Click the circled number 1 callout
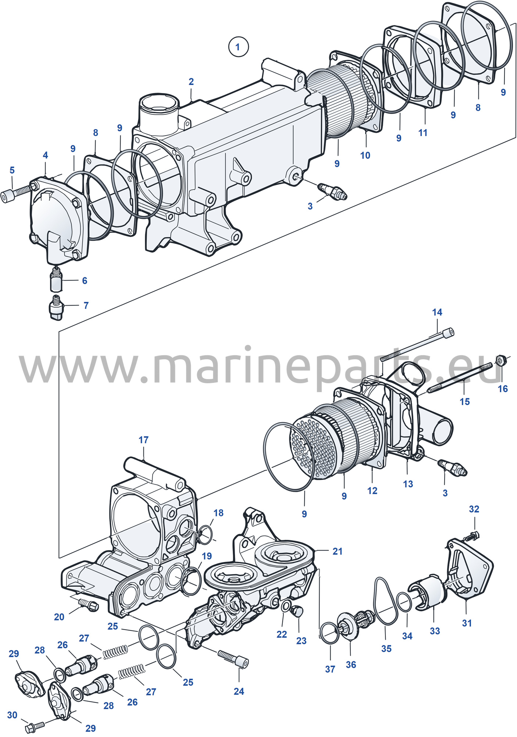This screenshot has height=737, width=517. [238, 47]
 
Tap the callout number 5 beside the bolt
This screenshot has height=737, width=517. [12, 170]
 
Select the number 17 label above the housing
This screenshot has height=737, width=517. [143, 440]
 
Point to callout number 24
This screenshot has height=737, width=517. [239, 691]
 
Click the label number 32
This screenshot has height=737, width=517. [474, 509]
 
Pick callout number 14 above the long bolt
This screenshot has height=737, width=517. [437, 312]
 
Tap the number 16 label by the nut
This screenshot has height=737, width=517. [503, 389]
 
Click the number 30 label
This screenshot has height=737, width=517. [12, 715]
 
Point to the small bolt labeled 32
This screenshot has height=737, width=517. [472, 536]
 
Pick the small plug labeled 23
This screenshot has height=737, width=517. [297, 611]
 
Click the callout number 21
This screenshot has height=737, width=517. [338, 551]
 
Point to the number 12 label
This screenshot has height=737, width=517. [372, 491]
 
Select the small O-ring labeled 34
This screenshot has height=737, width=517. [404, 602]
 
